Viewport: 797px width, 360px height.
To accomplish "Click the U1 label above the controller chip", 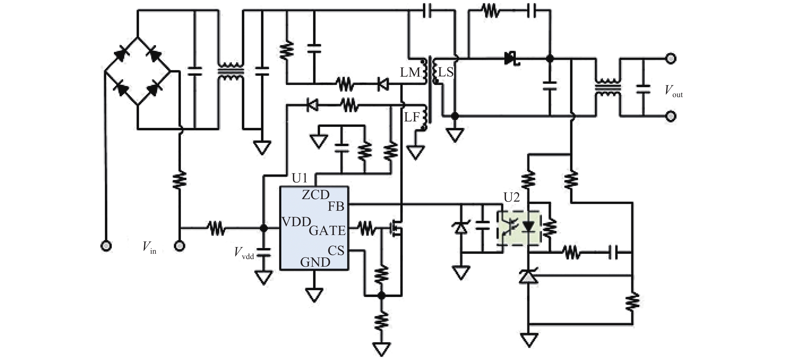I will pos(300,178).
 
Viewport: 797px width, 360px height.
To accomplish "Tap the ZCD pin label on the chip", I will pos(315,195).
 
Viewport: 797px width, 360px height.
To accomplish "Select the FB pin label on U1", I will pos(336,207).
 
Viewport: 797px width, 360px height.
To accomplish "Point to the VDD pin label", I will pos(296,222).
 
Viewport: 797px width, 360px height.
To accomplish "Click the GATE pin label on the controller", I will pos(327,231).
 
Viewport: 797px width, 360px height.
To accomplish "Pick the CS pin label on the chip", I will pos(336,250).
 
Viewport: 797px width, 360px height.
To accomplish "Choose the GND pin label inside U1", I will pos(315,263).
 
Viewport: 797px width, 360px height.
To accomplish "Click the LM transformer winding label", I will pos(410,73).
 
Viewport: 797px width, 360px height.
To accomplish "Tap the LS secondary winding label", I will pos(446,72).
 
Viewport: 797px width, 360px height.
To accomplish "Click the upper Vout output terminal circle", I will pos(670,58).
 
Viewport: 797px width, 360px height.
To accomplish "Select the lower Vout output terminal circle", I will pos(670,116).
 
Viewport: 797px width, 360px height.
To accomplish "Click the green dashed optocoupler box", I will pos(519,228).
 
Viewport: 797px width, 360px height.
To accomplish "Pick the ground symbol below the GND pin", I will pos(314,294).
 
